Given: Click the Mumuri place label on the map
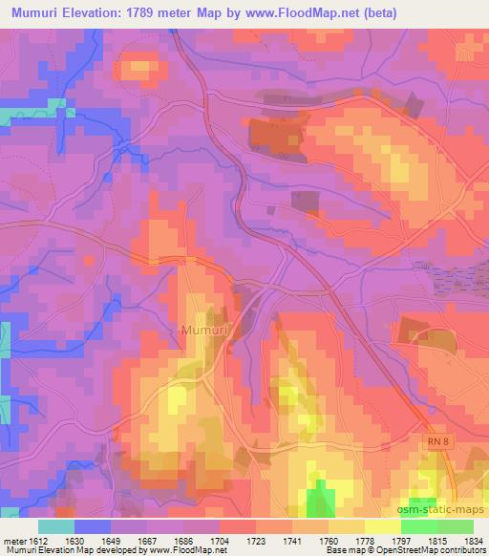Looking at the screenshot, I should point(202,331).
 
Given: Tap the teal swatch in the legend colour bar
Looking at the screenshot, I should point(56,526).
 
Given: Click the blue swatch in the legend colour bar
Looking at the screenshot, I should point(93,526).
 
